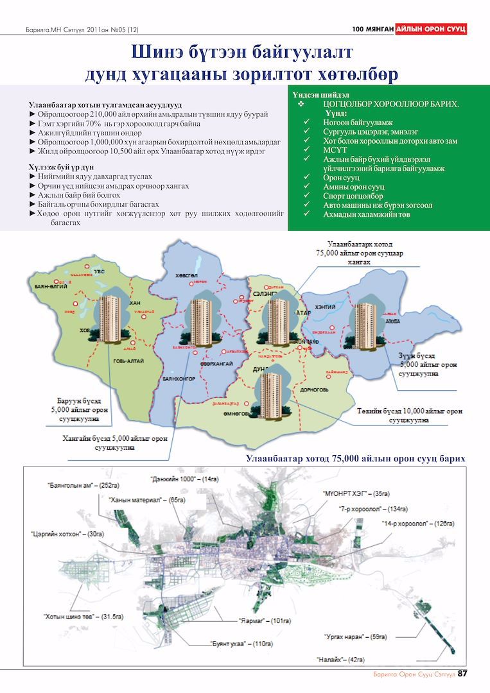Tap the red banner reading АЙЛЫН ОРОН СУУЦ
pos(430,29)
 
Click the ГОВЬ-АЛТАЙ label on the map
pos(128,361)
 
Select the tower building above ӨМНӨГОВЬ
pos(270,393)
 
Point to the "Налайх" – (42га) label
pos(340,659)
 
